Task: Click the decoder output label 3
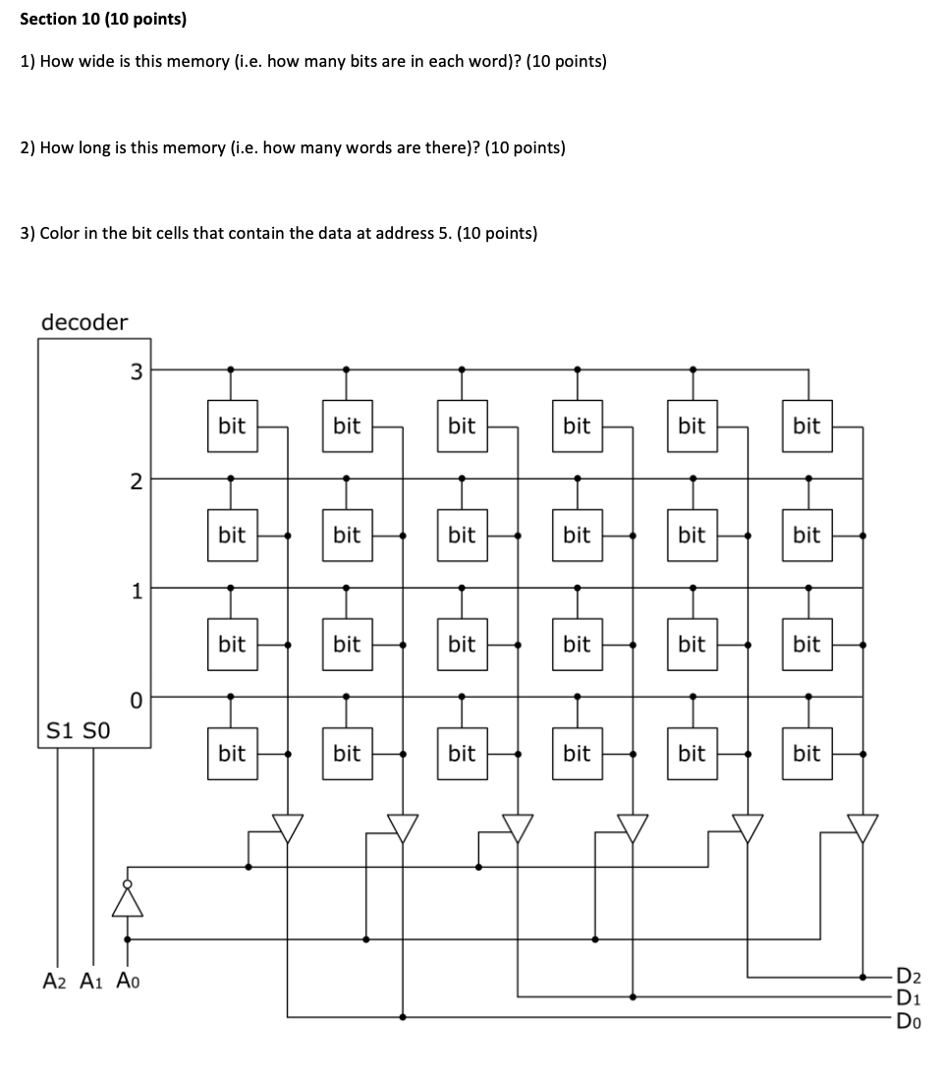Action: (x=136, y=371)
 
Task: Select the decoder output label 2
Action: (x=136, y=481)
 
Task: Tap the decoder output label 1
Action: (x=138, y=590)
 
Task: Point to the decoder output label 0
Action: (x=137, y=700)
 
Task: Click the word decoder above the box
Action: (x=84, y=321)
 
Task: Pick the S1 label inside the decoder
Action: (x=61, y=731)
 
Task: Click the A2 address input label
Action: (x=55, y=980)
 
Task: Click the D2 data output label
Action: (x=909, y=977)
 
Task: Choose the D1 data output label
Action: (x=909, y=997)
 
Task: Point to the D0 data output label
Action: (x=909, y=1018)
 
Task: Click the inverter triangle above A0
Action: (x=127, y=900)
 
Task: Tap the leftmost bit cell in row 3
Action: (x=232, y=425)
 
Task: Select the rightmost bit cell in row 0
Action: (x=806, y=754)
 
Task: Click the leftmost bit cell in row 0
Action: (x=232, y=754)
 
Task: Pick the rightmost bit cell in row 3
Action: (x=806, y=425)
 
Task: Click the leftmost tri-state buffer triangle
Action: (x=287, y=827)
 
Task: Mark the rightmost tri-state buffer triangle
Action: (x=862, y=827)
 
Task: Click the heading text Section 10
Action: (x=75, y=19)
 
